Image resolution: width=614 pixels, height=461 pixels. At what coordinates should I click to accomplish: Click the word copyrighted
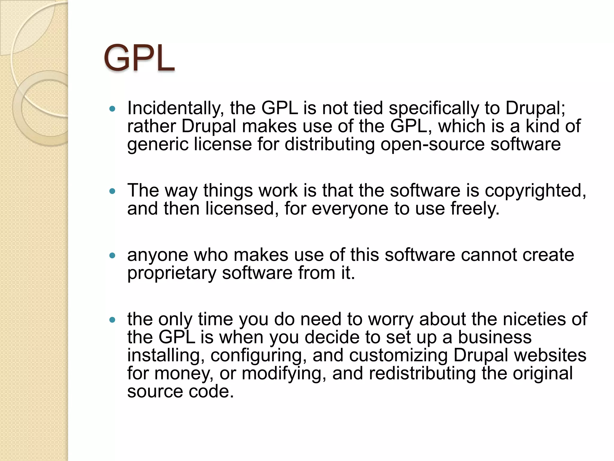pos(535,191)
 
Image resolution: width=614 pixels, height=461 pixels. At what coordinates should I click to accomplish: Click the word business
pos(495,337)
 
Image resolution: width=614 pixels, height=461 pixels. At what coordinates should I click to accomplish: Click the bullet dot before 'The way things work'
pos(112,191)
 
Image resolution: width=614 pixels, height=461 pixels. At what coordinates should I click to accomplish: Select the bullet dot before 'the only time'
pos(112,320)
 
